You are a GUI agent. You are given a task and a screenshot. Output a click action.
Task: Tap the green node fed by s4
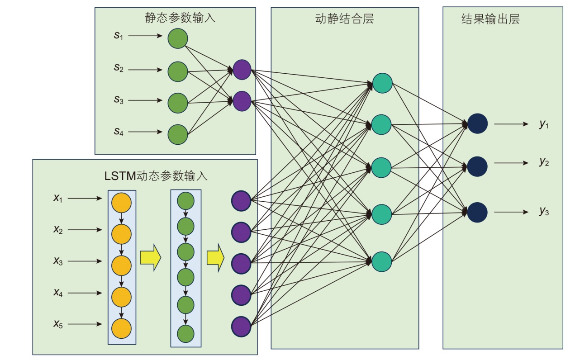click(178, 134)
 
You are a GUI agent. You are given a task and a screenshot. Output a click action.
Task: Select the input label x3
click(58, 261)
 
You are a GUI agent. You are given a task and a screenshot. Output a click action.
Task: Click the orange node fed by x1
click(121, 202)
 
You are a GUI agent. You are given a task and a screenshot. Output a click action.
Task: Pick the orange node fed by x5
click(121, 328)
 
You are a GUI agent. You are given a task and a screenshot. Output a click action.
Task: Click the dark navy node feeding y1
click(477, 123)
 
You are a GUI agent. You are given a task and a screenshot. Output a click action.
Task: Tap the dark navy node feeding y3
click(477, 213)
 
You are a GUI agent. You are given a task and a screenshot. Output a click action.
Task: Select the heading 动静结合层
click(344, 19)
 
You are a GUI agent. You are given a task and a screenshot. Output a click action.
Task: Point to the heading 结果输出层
click(490, 19)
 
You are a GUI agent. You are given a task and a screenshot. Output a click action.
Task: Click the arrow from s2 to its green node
click(145, 70)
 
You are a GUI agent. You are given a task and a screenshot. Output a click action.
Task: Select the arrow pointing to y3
click(511, 212)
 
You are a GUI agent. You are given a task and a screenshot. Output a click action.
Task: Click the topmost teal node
click(382, 83)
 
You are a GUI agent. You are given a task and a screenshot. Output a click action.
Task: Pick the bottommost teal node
click(382, 261)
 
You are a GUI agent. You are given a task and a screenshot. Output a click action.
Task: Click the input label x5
click(58, 324)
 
